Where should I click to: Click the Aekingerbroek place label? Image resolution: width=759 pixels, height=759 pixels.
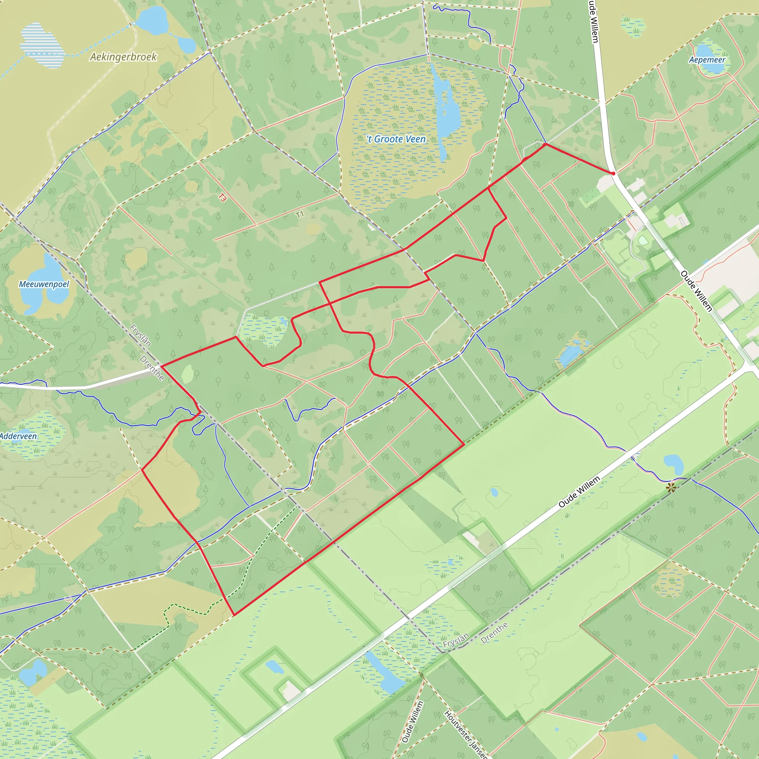pos(123,57)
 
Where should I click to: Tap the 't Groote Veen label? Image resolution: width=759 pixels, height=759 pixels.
pos(396,139)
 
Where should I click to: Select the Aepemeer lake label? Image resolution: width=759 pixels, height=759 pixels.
pos(707,60)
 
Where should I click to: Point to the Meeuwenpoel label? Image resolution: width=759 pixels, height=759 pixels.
pos(44,284)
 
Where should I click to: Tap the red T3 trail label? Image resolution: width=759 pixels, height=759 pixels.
pos(222,197)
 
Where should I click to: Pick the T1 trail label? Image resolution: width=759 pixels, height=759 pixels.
pos(300,215)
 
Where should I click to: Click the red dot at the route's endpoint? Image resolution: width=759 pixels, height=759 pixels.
pos(613,173)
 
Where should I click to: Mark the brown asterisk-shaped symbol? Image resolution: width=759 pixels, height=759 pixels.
pos(670,488)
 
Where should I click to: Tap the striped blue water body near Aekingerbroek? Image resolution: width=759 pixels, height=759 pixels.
pos(42,45)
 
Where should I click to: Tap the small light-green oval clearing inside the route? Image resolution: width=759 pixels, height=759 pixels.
pos(188,374)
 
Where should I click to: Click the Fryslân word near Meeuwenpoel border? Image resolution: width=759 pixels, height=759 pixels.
pos(140,335)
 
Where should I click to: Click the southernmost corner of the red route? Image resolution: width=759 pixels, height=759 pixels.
pos(234,615)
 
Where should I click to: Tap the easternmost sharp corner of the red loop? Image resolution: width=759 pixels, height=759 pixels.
pos(464,444)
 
